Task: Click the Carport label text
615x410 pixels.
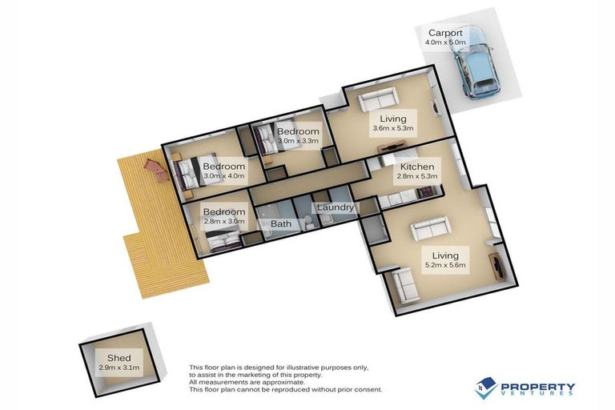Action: (445, 34)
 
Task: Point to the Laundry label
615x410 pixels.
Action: (336, 208)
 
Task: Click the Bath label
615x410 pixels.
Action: (281, 224)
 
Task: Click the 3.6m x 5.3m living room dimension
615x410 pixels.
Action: (392, 128)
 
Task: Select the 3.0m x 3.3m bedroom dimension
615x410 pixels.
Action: (298, 142)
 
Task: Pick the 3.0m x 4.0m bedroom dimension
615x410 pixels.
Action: (224, 176)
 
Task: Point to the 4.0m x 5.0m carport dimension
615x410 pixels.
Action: (445, 43)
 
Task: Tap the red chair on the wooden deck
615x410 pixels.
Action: (152, 167)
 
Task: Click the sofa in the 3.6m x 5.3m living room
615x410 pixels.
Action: (377, 101)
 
